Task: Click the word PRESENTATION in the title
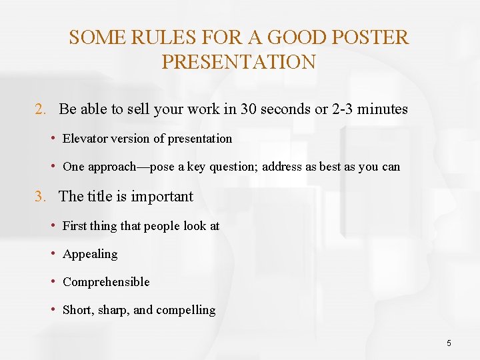click(x=239, y=62)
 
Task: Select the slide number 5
click(x=449, y=343)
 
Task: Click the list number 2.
click(x=40, y=109)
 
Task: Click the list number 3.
click(x=40, y=197)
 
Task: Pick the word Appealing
click(x=90, y=254)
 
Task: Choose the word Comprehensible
click(x=106, y=282)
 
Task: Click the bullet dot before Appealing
click(x=53, y=254)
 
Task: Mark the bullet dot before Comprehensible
click(x=53, y=282)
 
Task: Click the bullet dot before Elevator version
click(x=53, y=139)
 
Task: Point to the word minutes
click(x=382, y=109)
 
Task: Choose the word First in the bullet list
click(x=75, y=226)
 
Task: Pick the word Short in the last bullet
click(x=78, y=310)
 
